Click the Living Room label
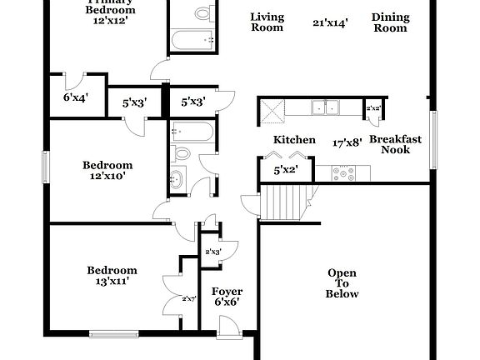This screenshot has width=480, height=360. (x=267, y=22)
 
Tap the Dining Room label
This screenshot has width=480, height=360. (x=390, y=22)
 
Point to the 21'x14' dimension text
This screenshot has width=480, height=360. (x=331, y=23)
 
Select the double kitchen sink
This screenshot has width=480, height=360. (x=326, y=107)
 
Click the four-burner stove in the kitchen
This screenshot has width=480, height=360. (x=343, y=174)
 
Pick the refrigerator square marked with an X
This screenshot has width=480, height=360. (x=272, y=111)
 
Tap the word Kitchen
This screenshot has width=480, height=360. (x=295, y=140)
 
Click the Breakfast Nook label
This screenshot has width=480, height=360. (x=396, y=144)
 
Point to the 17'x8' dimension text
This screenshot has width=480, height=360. (x=347, y=142)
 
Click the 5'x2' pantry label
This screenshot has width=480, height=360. (x=286, y=170)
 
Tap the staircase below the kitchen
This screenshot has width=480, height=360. (x=286, y=203)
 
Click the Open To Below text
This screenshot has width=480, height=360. (x=342, y=283)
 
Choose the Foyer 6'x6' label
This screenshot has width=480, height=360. (x=227, y=297)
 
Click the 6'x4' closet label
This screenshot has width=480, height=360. (x=76, y=97)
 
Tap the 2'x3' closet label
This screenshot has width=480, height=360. (x=212, y=252)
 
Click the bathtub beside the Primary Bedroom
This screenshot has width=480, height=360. (x=192, y=39)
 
